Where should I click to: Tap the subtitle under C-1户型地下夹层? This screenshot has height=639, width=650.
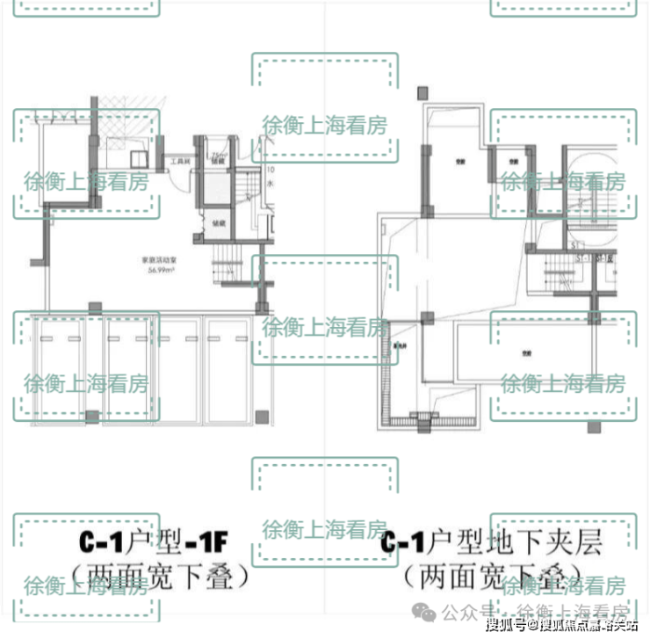492,577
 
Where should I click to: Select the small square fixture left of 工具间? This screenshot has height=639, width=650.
138,159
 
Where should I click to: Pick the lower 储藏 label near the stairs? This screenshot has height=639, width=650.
219,223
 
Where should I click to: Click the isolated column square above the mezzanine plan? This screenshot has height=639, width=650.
423,91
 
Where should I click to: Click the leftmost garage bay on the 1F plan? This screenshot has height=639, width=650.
57,369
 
